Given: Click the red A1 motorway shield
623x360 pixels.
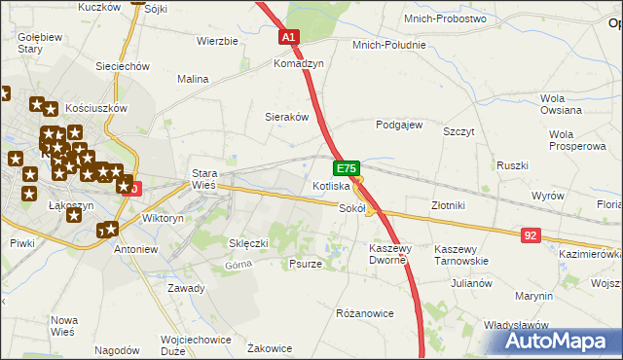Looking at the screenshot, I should pos(288,37).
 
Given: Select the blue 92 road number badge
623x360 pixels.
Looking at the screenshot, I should pos(530,235).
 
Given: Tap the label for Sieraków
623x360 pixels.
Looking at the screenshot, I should pos(287,116).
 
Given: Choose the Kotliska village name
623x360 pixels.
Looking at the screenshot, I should pos(331,186).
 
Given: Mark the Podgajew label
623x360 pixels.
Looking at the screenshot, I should pos(399,125).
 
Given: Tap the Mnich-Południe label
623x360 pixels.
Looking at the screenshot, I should pos(390,44).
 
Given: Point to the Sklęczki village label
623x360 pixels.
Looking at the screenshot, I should pos(248,242).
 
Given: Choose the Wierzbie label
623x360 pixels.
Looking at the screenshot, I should pos(217,41).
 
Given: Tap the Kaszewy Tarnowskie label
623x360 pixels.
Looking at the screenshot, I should pos(460,254).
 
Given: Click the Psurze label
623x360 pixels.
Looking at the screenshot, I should pos(306,264).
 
